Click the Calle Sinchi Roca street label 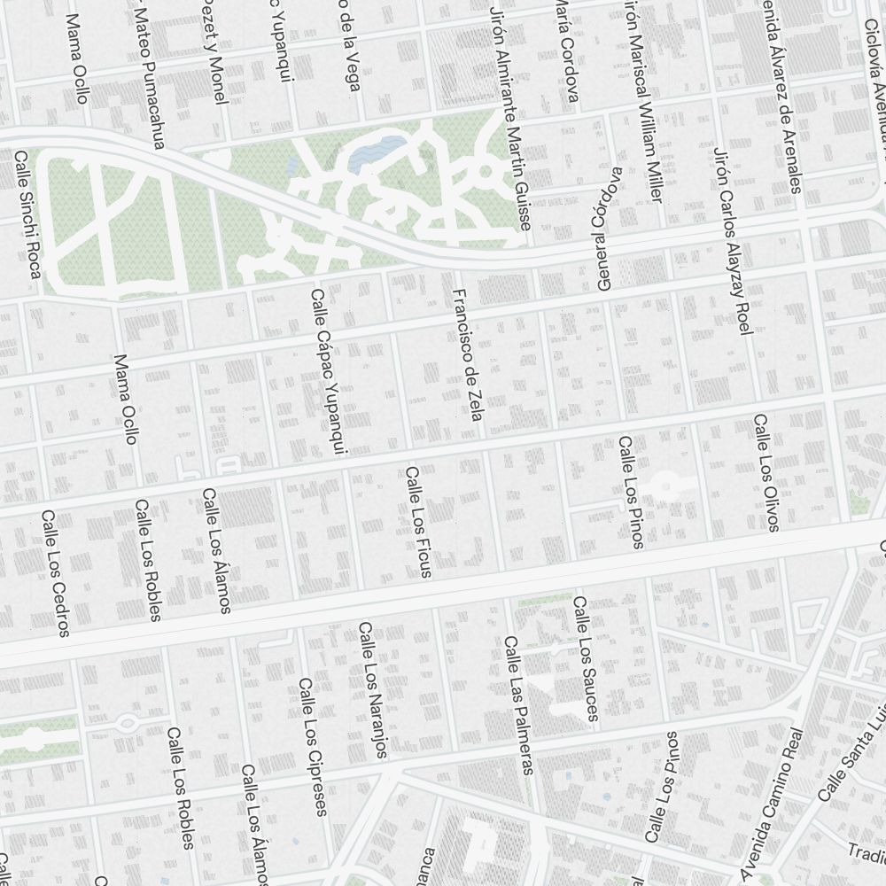coord(27,214)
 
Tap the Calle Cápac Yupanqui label coord(327,372)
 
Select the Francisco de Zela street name coord(466,354)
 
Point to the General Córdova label coord(606,229)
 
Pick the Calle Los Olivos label coord(766,472)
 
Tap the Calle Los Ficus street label coord(418,523)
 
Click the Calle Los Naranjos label coord(373,689)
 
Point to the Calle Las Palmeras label coord(518,704)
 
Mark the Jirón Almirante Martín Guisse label coord(509,115)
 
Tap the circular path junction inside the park coord(485,171)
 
